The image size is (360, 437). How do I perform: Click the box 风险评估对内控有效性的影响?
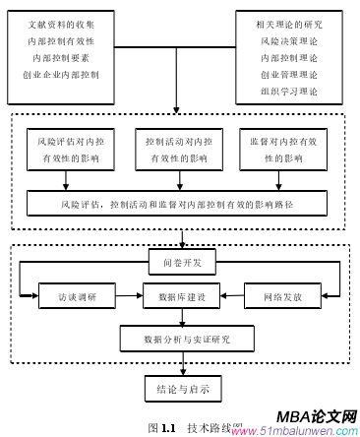click(x=68, y=152)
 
